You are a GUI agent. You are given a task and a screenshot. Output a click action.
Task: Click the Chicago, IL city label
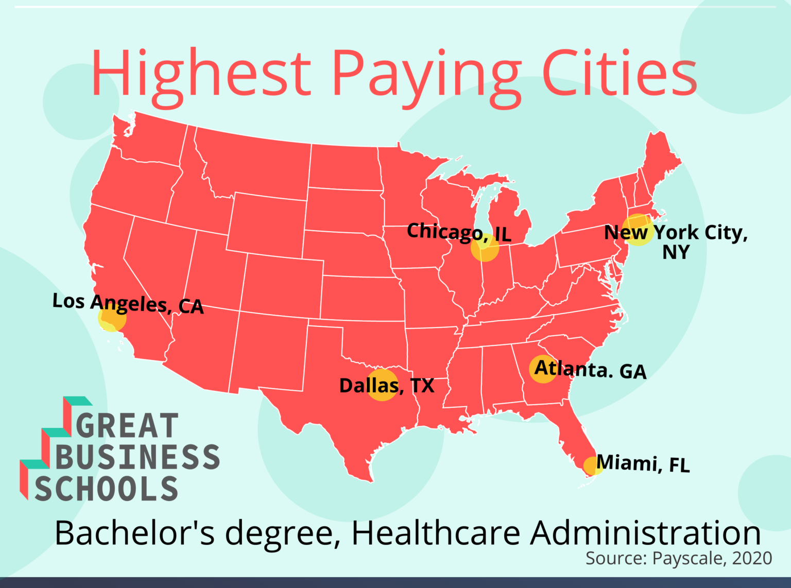[459, 233]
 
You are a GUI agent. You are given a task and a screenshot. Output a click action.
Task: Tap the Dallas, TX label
[386, 386]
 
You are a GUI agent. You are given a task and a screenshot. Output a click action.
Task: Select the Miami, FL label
[643, 463]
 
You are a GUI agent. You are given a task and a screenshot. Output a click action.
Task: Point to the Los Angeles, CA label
[128, 303]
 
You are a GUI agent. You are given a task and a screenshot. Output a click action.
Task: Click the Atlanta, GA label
[590, 370]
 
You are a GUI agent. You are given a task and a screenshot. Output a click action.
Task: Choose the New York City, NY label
[676, 241]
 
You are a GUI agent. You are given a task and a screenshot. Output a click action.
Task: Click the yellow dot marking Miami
[592, 465]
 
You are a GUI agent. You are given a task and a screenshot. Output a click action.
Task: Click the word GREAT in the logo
[127, 426]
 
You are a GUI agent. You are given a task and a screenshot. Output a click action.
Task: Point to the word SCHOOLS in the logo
[107, 489]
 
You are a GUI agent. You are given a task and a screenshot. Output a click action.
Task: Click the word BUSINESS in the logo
[137, 457]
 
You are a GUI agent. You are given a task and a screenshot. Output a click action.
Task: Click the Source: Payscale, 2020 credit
[679, 558]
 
